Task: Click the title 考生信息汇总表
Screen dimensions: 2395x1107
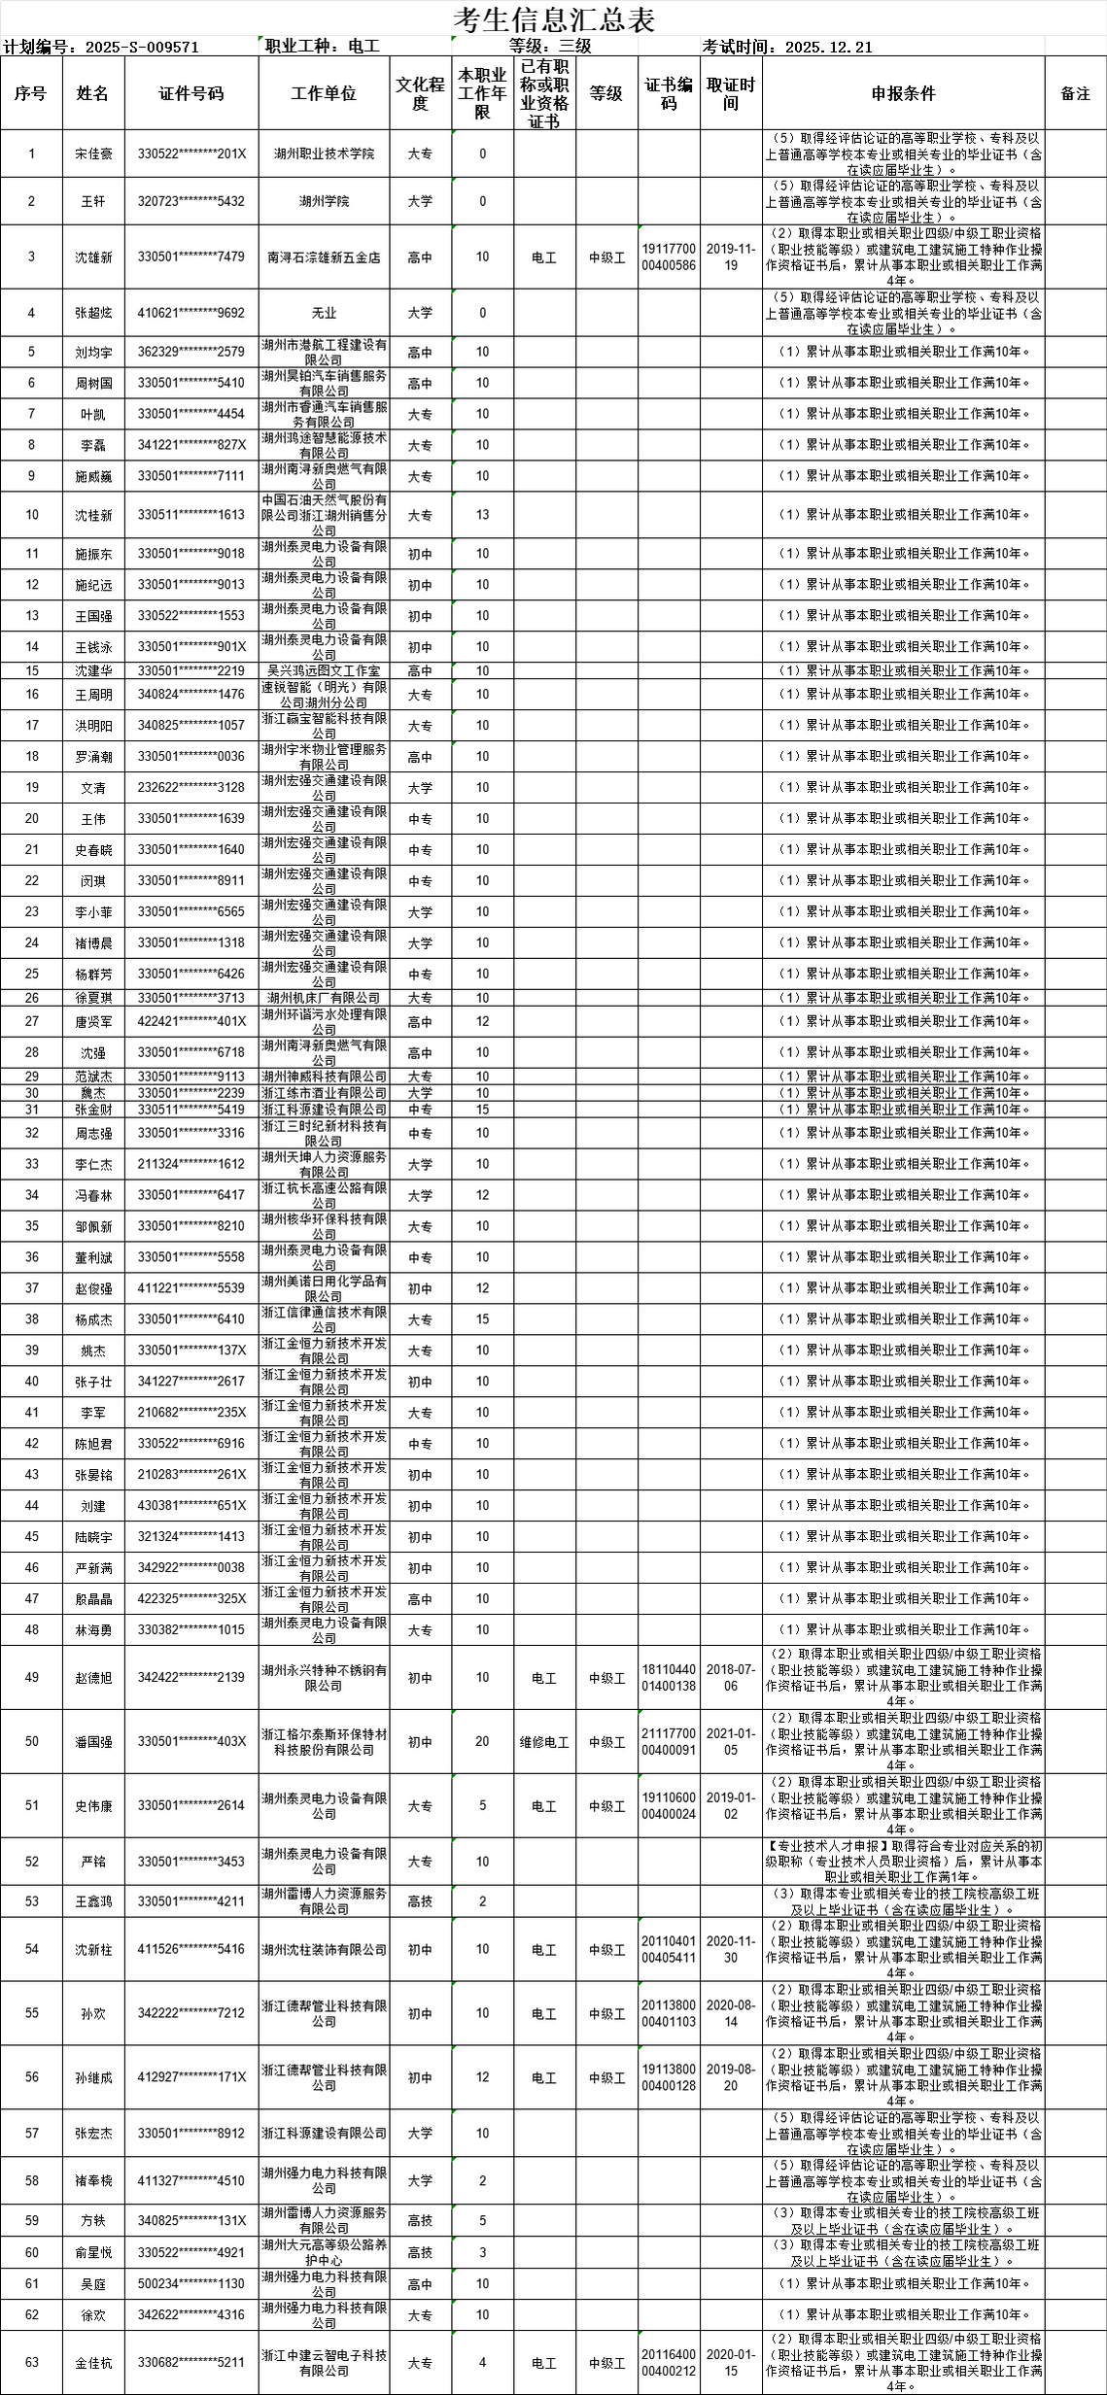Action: [554, 19]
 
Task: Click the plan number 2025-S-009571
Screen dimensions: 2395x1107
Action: [142, 47]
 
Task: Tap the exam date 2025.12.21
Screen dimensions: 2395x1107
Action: [828, 47]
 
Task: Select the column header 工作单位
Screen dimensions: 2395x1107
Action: [324, 93]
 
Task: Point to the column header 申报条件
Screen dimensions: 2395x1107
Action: [903, 93]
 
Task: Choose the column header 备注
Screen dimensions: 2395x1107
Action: [1075, 93]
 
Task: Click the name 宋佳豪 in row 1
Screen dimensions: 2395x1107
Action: [93, 154]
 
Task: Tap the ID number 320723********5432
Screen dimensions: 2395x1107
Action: [190, 201]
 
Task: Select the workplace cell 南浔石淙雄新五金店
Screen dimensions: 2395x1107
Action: [324, 257]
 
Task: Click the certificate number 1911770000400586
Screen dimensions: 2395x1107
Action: [669, 257]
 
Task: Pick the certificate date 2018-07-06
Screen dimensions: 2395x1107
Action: [731, 1678]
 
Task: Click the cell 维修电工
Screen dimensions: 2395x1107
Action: [544, 1742]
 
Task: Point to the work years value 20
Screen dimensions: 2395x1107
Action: [482, 1742]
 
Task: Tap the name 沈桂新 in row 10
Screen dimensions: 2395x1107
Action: [93, 515]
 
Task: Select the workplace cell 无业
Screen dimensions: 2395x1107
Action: [324, 313]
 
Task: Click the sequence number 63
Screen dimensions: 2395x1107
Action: [31, 2363]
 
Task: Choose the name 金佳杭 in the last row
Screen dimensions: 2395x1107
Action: [93, 2363]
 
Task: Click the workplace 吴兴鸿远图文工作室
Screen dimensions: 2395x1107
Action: [324, 670]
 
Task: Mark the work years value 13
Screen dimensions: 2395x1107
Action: [482, 515]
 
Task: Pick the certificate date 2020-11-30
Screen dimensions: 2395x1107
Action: [731, 1950]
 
